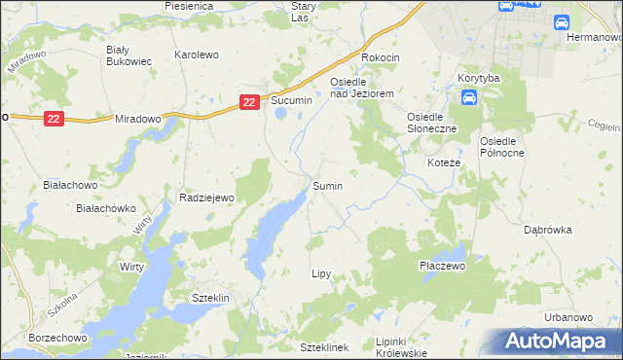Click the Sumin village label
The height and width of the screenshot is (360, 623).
327,185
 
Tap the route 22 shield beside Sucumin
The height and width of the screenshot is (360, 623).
250,100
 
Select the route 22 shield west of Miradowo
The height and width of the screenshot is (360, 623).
55,118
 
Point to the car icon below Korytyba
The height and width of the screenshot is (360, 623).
468,97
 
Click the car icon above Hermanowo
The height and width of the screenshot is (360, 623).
562,22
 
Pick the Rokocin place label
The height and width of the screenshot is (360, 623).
381,57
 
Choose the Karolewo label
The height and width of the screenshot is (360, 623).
196,55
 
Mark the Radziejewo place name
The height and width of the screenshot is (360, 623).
208,198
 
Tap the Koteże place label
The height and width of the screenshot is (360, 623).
444,162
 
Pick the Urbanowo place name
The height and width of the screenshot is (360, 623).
569,317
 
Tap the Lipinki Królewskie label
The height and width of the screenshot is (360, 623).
400,347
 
